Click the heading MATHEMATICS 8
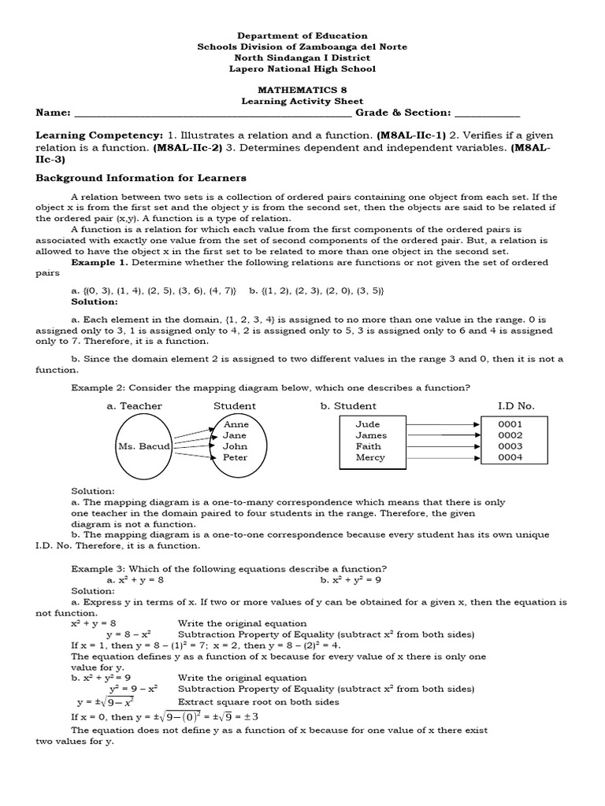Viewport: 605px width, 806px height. [x=302, y=91]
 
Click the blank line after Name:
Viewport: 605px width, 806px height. [x=213, y=115]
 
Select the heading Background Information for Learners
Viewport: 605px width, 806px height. [x=141, y=178]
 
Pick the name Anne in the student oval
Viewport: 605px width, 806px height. [x=236, y=424]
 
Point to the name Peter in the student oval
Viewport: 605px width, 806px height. [x=235, y=457]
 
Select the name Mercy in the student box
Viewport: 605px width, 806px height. [x=370, y=457]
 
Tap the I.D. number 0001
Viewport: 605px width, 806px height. [x=510, y=424]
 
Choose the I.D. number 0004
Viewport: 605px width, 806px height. [x=510, y=457]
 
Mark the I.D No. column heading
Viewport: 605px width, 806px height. [x=515, y=406]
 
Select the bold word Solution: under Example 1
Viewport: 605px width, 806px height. [x=94, y=301]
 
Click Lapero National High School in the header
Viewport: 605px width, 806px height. [x=302, y=68]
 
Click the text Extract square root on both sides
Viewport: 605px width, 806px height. [x=258, y=701]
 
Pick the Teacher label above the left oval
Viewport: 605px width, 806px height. [x=134, y=406]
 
